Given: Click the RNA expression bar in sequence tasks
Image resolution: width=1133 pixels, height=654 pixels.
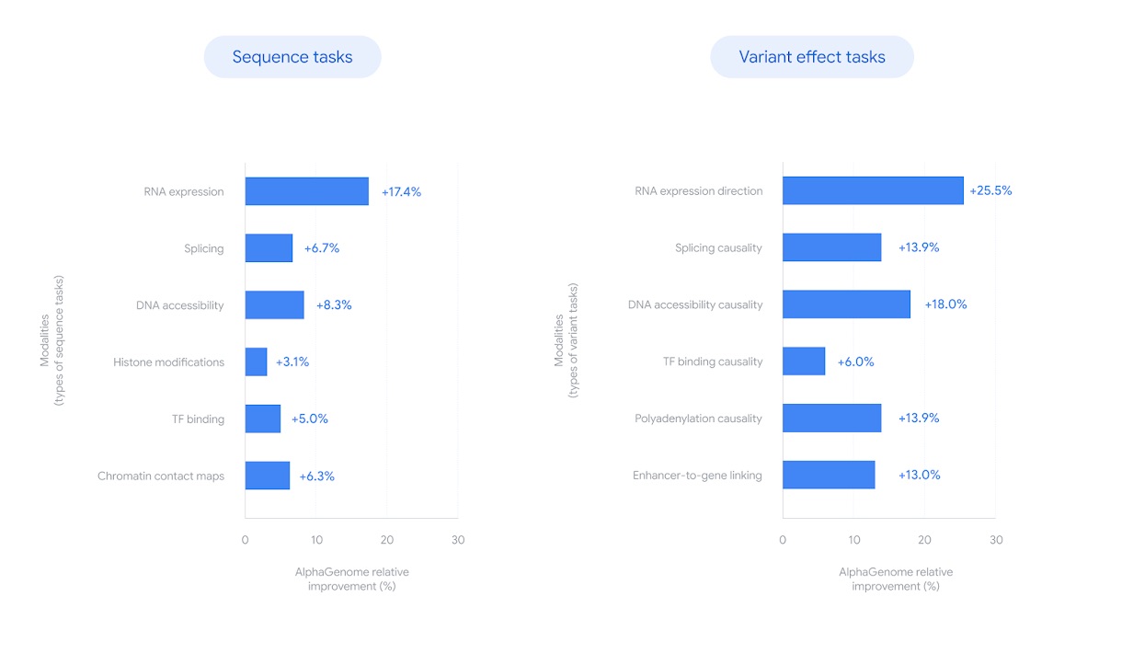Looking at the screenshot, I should click(306, 191).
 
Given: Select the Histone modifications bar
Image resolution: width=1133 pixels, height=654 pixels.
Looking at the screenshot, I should click(256, 361).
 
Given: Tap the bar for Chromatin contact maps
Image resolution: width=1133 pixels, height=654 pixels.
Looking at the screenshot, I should click(267, 476).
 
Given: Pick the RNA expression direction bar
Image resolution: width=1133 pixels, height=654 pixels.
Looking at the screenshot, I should click(873, 190).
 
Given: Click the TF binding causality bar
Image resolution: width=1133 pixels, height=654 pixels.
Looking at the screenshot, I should click(804, 361).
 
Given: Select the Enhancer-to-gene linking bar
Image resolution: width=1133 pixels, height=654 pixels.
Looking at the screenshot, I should click(829, 475).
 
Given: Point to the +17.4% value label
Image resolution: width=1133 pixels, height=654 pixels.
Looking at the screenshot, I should click(401, 192).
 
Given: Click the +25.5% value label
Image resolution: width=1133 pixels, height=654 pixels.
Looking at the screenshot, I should click(990, 191).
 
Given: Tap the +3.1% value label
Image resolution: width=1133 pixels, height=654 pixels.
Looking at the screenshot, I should click(292, 362).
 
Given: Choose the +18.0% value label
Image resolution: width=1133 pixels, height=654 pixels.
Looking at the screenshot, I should click(945, 304).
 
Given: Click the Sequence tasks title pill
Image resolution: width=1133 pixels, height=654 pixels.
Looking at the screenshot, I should click(292, 57).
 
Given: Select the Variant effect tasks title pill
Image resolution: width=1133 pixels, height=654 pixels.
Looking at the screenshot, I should click(812, 57).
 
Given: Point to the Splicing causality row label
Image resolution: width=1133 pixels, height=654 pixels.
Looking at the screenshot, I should click(718, 248).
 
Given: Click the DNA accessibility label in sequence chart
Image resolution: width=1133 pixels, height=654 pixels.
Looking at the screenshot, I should click(180, 305).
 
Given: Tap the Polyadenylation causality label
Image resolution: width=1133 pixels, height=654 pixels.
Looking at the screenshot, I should click(698, 419).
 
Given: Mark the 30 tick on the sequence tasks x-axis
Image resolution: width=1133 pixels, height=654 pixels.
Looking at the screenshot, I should click(458, 540).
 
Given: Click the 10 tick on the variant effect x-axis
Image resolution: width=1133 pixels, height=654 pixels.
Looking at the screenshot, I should click(854, 540).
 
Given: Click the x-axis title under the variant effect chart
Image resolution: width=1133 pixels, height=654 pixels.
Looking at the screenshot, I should click(896, 579).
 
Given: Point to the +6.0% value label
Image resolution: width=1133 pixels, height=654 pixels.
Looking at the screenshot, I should click(855, 362).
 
